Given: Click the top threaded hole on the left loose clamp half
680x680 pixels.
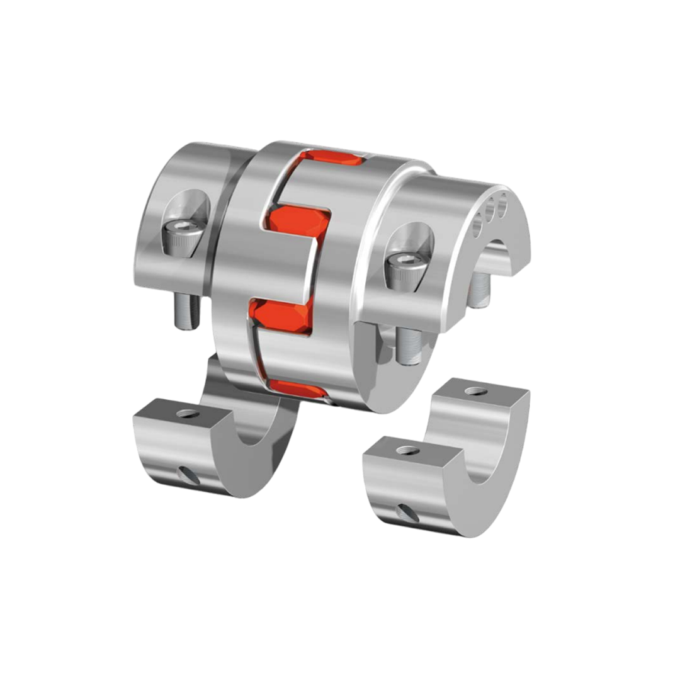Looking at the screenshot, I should (188, 414).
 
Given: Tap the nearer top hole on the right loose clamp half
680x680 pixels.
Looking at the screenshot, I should (407, 451).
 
